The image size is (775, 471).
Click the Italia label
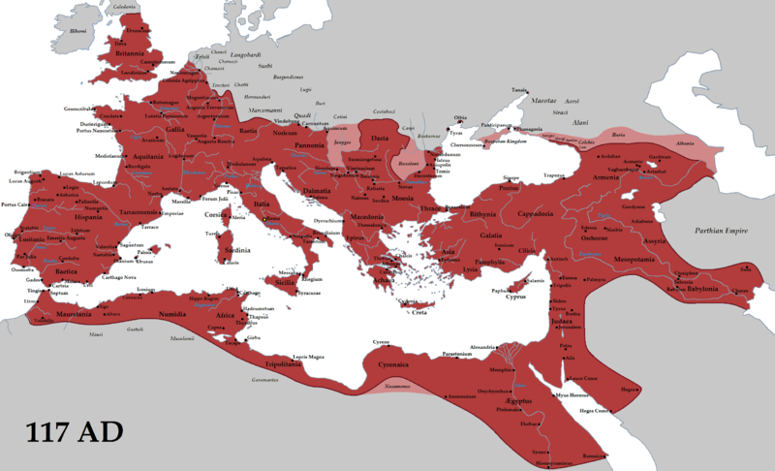262,205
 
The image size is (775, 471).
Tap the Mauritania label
73,315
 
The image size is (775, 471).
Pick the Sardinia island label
237,249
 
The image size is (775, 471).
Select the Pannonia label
310,145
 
